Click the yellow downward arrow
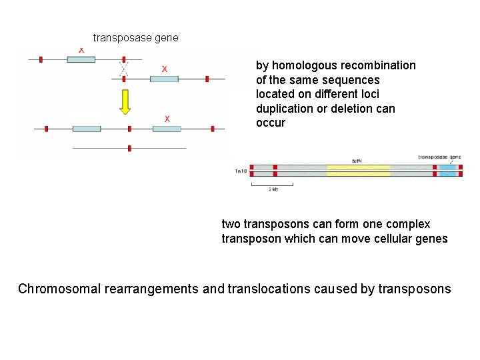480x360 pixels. (x=125, y=101)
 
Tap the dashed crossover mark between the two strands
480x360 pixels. (x=123, y=69)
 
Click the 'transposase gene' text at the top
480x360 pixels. (x=135, y=38)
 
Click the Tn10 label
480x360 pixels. (x=241, y=171)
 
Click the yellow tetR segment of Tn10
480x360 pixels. (x=358, y=170)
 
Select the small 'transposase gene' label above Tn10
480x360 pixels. (x=439, y=157)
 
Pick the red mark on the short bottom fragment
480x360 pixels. (x=129, y=148)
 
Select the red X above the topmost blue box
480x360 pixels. (x=81, y=50)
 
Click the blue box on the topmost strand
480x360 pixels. (x=81, y=59)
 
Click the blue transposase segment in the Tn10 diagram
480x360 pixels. (x=447, y=170)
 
